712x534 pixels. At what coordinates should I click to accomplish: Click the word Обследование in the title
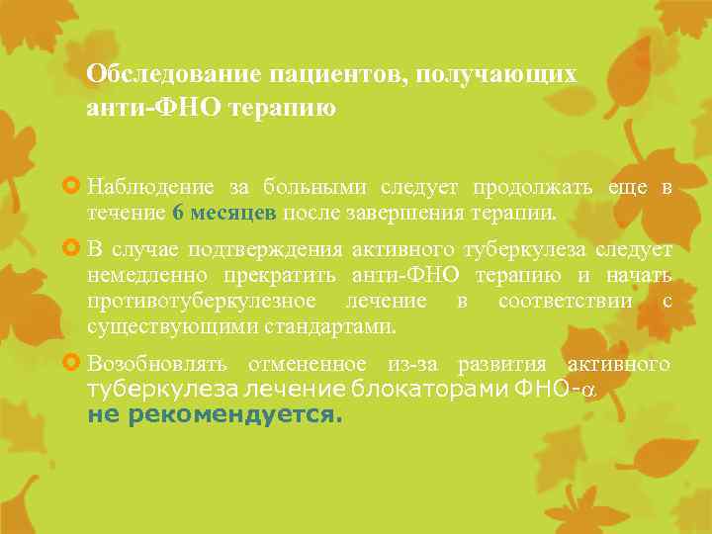(x=161, y=74)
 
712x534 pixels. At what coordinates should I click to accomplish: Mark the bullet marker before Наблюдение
(x=72, y=186)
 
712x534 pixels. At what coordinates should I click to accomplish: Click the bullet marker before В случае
(x=72, y=250)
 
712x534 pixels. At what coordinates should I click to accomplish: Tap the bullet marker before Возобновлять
(x=72, y=363)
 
